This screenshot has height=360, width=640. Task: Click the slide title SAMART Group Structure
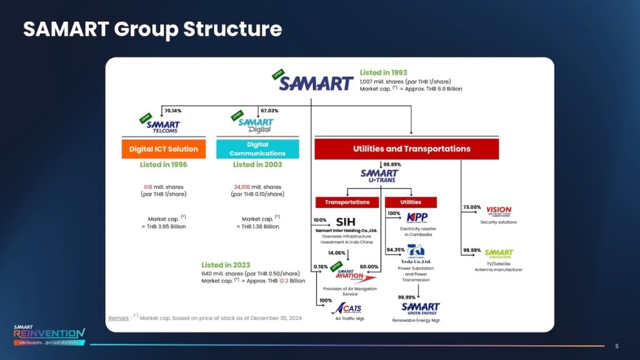point(152,29)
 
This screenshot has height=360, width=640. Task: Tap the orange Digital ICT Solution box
point(163,149)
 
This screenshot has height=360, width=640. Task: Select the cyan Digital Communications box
point(257,149)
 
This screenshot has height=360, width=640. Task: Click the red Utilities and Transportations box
point(406,149)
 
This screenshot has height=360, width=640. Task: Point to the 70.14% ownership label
point(172,111)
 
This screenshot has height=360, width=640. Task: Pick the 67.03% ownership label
point(269,111)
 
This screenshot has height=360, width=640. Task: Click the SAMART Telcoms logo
point(162,126)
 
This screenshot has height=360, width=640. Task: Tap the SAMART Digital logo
point(256,125)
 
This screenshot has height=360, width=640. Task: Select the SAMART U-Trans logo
point(379,176)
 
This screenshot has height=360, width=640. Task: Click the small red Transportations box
point(347,202)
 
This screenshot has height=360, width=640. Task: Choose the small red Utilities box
point(411,202)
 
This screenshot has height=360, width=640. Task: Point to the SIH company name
point(346,221)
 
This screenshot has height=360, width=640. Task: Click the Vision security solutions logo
point(498,211)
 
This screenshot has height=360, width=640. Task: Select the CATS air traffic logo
point(347,308)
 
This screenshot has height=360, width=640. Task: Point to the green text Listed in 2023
point(226,265)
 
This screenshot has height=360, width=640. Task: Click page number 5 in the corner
point(617,346)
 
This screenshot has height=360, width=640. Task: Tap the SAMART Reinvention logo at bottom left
point(49,334)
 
